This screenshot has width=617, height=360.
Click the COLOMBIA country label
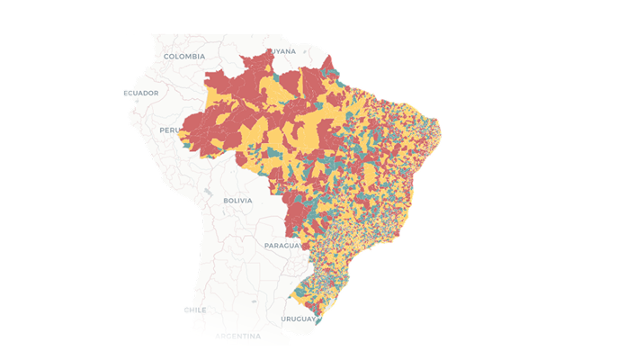[185, 56]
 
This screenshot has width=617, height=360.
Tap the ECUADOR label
[141, 93]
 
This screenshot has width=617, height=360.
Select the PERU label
[169, 130]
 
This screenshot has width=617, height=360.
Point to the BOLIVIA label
[237, 200]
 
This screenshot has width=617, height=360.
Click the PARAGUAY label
[285, 245]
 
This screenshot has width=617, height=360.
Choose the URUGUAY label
[299, 319]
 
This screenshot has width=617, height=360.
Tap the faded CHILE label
[195, 309]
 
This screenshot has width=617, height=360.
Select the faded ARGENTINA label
[237, 336]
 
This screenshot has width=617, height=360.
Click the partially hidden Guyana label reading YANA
[284, 51]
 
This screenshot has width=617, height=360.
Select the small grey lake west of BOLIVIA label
[208, 192]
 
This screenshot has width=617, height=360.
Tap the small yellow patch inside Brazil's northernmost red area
[264, 85]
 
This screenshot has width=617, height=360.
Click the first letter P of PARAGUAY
[267, 245]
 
